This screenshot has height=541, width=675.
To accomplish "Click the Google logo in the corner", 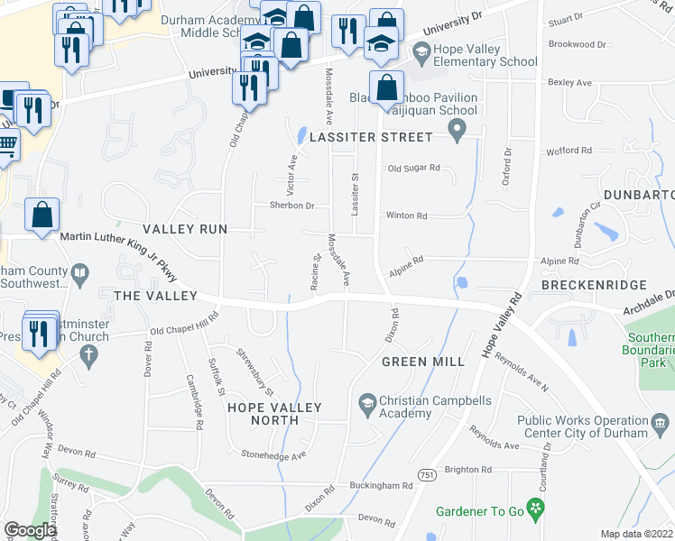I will (30, 530).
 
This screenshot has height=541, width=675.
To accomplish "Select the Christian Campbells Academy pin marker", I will (367, 401).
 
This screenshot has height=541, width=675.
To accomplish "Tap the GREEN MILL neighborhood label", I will (422, 362).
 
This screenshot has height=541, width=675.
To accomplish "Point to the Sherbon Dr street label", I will (291, 206).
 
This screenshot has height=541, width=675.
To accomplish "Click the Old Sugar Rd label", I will (413, 168).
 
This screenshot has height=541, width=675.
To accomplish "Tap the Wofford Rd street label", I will (568, 151).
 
